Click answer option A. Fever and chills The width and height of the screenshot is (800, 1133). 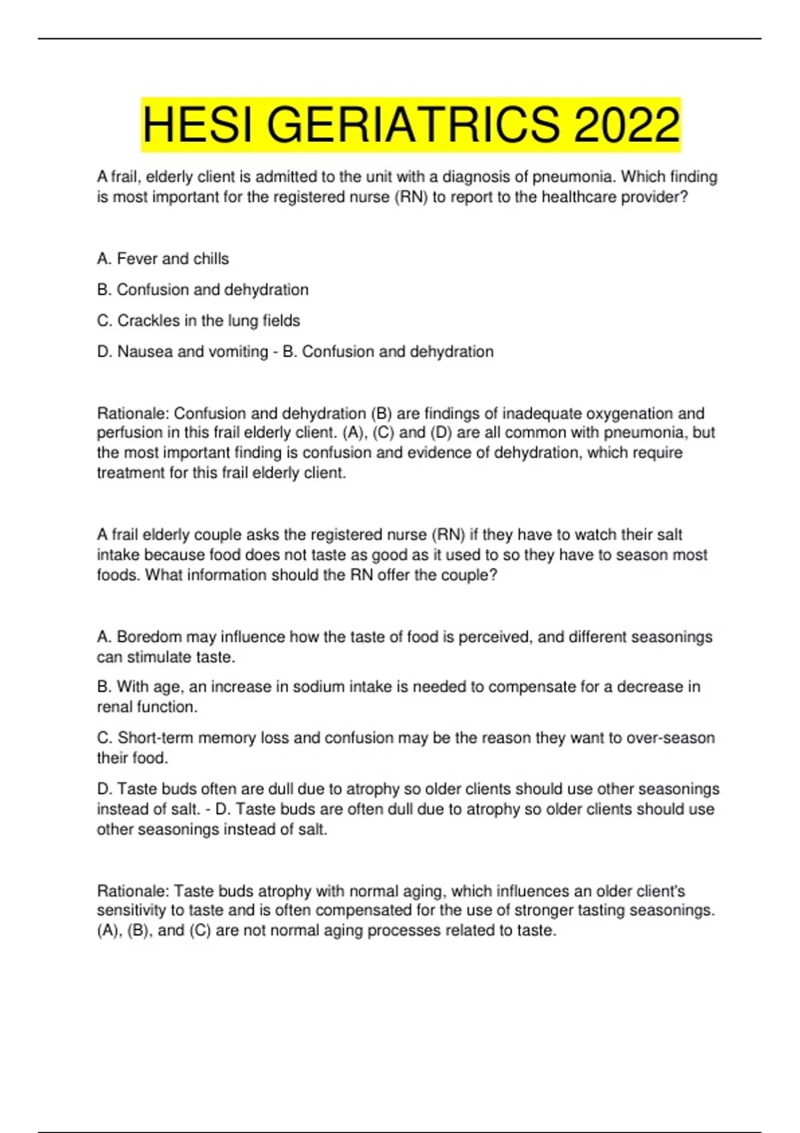[x=163, y=259]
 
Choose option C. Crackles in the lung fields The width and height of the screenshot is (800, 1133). [x=199, y=321]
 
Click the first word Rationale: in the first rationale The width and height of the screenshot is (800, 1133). [x=133, y=413]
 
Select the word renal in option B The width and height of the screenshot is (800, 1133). [x=115, y=706]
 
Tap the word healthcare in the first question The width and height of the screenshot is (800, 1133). [x=579, y=197]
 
